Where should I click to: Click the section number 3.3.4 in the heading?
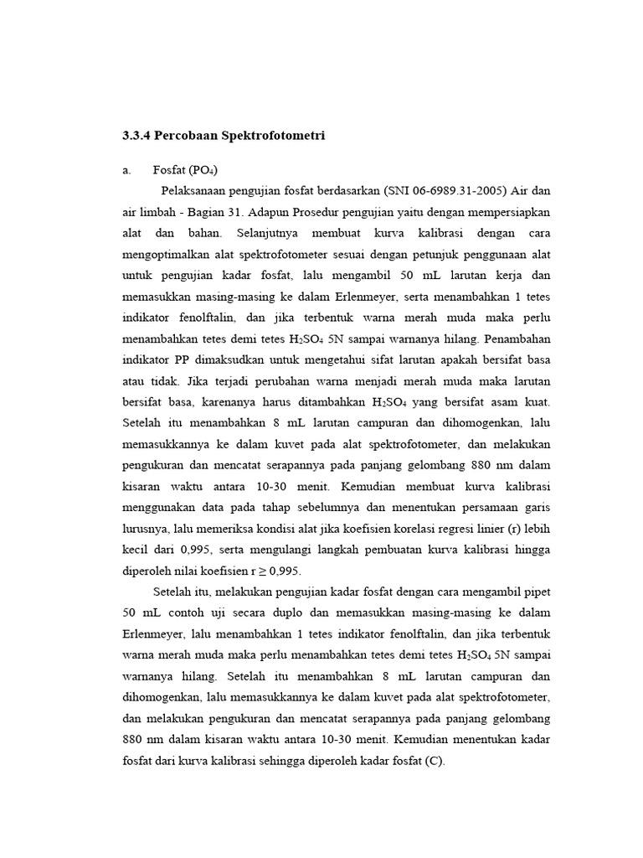point(136,135)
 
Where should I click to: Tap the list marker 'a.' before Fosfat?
point(127,170)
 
